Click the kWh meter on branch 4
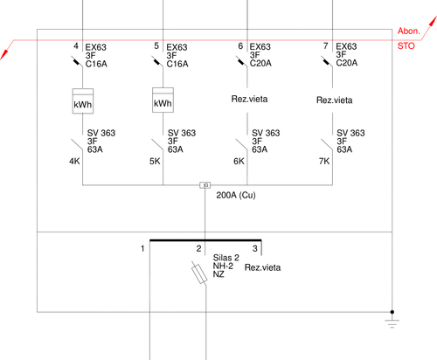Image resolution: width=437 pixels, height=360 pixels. tap(83, 101)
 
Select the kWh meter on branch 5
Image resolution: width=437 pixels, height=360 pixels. tap(163, 100)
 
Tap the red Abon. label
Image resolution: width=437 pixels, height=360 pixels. tap(409, 31)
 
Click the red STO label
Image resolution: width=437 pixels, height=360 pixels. tap(406, 45)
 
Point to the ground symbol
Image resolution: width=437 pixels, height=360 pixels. tap(392, 320)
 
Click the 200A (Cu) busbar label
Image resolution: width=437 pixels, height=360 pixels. tap(236, 195)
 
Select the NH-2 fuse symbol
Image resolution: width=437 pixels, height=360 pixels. tap(199, 273)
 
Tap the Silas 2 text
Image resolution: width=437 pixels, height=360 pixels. tap(225, 258)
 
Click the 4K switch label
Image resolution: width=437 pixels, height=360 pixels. tap(74, 161)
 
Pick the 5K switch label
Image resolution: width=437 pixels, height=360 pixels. tap(155, 161)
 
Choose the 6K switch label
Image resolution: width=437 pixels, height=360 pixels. tap(239, 161)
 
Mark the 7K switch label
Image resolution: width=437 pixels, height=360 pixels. tap(324, 161)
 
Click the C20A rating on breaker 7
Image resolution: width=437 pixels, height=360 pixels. tap(347, 63)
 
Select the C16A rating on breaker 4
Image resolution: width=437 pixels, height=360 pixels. tap(96, 64)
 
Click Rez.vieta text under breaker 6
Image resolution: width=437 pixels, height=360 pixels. tap(249, 99)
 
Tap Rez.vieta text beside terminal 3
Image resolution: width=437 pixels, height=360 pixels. tap(262, 267)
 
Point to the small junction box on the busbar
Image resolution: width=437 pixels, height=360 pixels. tap(205, 185)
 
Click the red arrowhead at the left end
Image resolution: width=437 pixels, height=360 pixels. tap(4, 54)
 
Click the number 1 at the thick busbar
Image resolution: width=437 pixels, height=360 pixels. tap(142, 248)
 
